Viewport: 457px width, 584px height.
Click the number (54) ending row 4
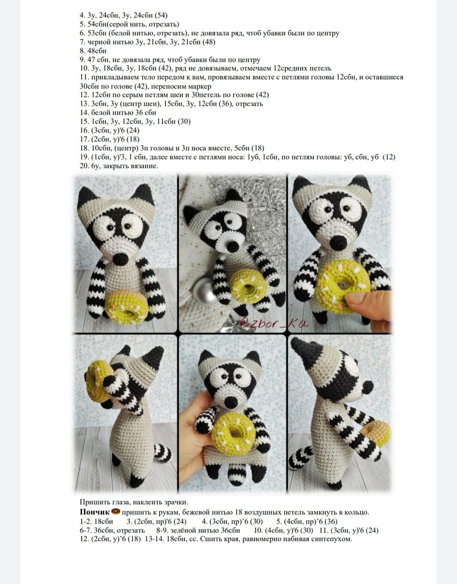(161, 16)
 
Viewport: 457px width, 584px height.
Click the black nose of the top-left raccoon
(120, 259)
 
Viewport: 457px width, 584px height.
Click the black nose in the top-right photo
(338, 242)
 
